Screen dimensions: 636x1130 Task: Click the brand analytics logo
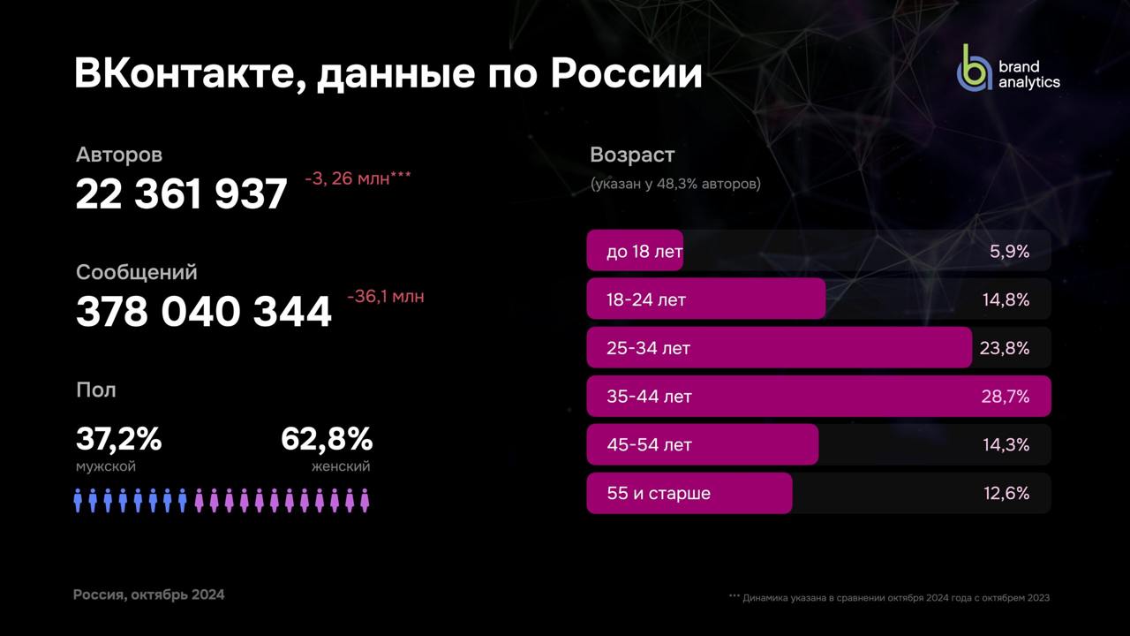tap(1008, 68)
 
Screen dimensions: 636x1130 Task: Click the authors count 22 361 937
tap(182, 194)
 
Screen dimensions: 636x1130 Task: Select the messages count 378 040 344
tap(204, 312)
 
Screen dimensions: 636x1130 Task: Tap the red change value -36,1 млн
tap(385, 297)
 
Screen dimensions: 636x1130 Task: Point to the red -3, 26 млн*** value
tap(358, 178)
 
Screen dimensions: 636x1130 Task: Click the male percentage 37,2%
tap(118, 438)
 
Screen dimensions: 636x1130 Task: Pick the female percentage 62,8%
tap(327, 438)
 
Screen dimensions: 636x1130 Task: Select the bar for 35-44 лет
tap(818, 397)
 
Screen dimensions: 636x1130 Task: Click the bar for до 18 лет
tap(635, 252)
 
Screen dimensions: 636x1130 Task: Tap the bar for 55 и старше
tap(689, 493)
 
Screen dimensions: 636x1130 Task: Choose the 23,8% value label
tap(1005, 348)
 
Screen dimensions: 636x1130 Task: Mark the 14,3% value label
tap(1006, 445)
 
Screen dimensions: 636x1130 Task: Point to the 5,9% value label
tap(1009, 252)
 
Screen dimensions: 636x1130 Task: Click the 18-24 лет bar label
tap(646, 299)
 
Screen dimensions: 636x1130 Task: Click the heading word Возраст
tap(632, 155)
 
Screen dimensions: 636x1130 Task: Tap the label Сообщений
tap(136, 272)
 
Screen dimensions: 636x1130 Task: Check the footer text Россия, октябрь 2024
tap(148, 594)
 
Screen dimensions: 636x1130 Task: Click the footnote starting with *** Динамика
tap(889, 598)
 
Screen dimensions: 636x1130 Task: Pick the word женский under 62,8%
tap(341, 466)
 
